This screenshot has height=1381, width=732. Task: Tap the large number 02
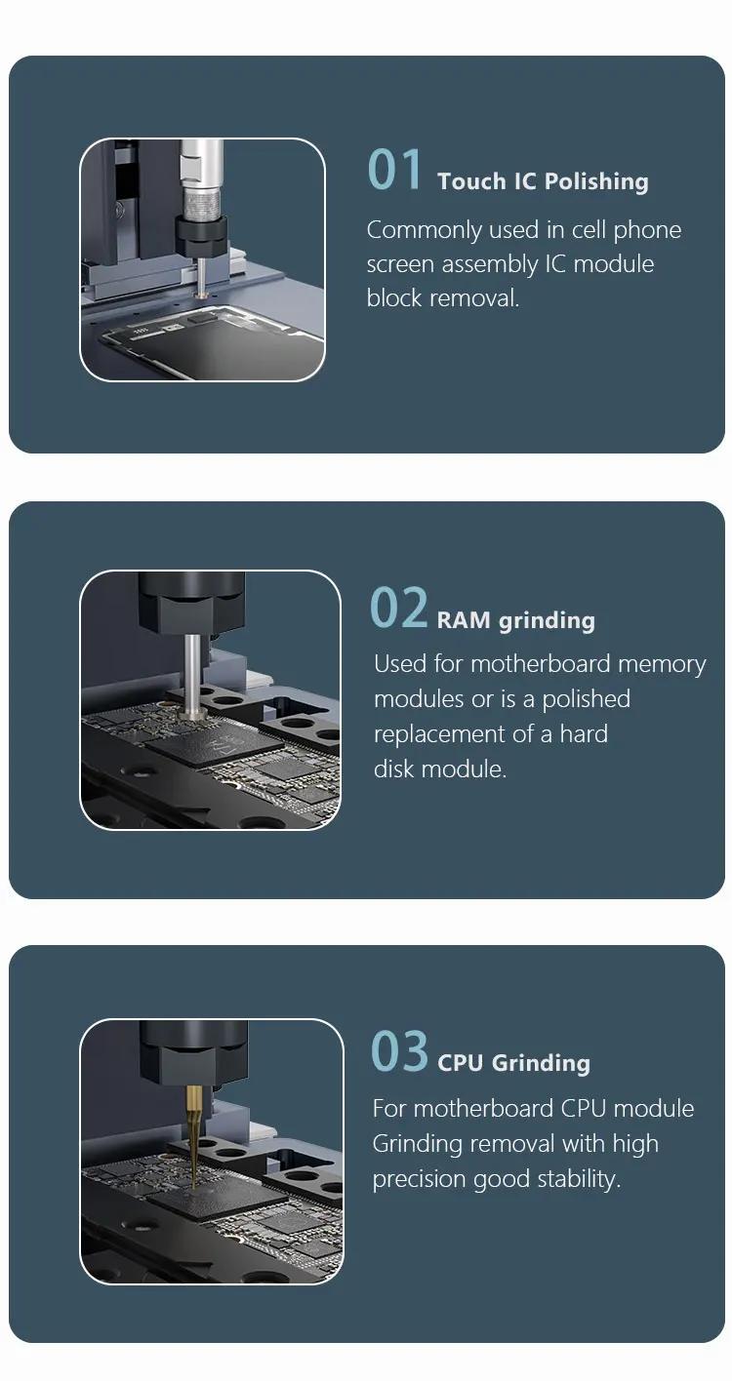(x=398, y=608)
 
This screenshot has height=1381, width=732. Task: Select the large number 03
(x=399, y=1050)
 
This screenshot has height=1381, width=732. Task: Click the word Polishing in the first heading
(x=597, y=182)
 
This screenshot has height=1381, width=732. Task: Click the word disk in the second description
(x=393, y=769)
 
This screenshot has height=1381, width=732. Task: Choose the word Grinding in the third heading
(x=542, y=1064)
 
